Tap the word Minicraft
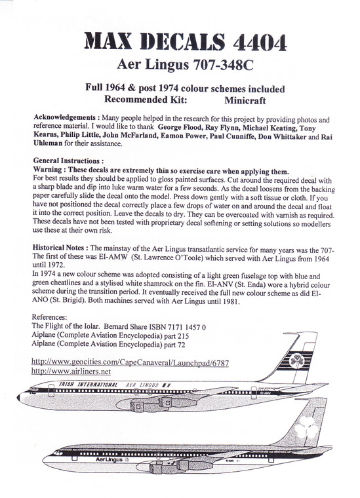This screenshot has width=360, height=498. pyautogui.click(x=245, y=102)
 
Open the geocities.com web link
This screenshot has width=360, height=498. pyautogui.click(x=129, y=361)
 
